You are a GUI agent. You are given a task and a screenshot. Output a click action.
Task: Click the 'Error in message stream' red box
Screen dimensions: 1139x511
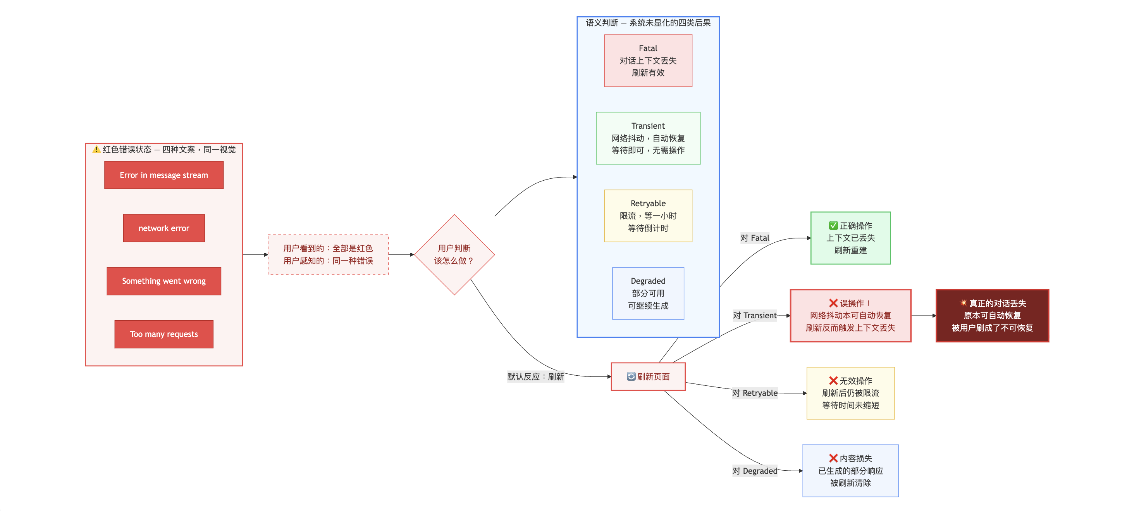(163, 175)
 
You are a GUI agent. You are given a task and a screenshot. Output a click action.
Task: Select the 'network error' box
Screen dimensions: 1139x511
(163, 228)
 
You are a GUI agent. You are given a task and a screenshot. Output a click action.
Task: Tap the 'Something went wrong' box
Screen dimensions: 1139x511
(163, 281)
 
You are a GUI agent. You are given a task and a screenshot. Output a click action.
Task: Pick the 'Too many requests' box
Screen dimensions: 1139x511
(163, 334)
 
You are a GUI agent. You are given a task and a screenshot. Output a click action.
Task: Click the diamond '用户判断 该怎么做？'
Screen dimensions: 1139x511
(454, 254)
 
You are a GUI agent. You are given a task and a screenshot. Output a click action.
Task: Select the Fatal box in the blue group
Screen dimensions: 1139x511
(648, 60)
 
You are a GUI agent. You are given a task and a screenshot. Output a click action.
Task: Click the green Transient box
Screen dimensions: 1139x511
(648, 138)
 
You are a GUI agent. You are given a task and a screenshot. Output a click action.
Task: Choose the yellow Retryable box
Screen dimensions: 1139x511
(648, 216)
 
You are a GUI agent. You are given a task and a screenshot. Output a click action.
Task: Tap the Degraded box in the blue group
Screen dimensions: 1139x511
(648, 293)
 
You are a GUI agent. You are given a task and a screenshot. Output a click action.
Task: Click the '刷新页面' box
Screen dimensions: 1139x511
(648, 376)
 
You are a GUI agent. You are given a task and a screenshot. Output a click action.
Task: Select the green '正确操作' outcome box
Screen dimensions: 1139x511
(850, 238)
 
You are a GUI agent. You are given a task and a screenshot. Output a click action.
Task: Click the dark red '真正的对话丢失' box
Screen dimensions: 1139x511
(992, 316)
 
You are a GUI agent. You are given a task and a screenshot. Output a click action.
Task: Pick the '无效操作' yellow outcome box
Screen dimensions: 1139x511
(850, 393)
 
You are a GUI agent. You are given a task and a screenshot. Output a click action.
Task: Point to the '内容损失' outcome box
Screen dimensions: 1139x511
(850, 471)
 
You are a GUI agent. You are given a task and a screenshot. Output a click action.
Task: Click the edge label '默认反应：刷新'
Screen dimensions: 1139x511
(535, 376)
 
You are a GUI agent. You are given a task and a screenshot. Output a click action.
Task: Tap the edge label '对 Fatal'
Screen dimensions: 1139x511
(755, 238)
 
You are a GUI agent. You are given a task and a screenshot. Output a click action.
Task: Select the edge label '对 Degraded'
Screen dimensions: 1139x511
(755, 471)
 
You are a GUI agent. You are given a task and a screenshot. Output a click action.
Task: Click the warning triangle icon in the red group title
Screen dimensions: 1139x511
(96, 150)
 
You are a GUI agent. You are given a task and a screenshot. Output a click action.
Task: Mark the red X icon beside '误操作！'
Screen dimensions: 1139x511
(833, 303)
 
